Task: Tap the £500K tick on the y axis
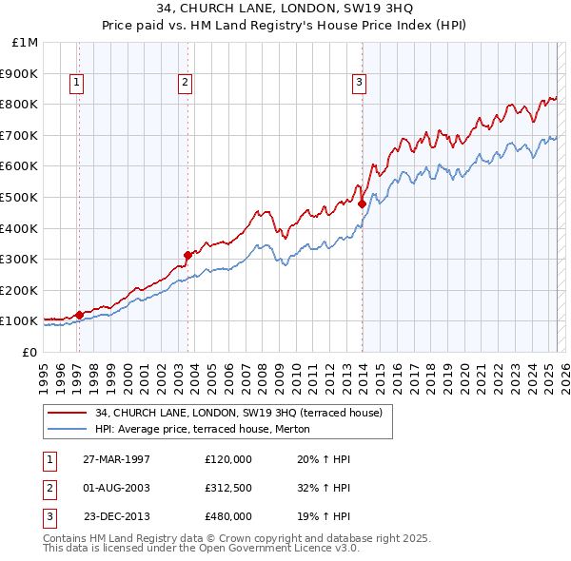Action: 21,197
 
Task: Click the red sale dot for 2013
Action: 363,203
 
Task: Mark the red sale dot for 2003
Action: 187,254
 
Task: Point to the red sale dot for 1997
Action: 79,314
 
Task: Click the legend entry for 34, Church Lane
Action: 238,413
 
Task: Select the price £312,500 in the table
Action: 228,488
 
